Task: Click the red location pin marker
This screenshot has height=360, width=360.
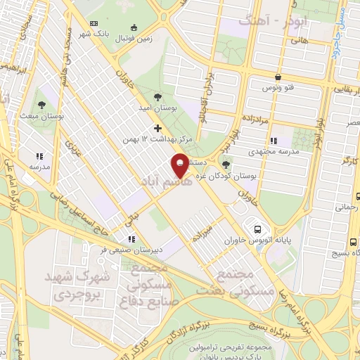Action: point(181,167)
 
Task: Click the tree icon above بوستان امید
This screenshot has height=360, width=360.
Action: point(157,98)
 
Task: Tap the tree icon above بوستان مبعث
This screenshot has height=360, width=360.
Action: point(44,103)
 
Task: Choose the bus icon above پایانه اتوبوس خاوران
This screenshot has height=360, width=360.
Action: point(258,229)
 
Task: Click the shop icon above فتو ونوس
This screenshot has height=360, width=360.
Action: point(279,77)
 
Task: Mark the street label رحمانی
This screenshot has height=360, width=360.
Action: point(345,207)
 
